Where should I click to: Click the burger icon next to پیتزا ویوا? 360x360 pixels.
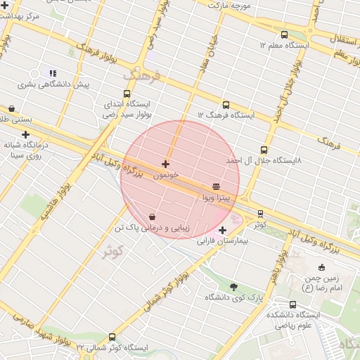pyautogui.click(x=216, y=186)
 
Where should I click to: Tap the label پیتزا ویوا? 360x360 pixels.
pyautogui.click(x=216, y=198)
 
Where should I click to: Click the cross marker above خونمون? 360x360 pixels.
pyautogui.click(x=165, y=164)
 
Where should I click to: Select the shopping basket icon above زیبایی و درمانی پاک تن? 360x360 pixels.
pyautogui.click(x=153, y=217)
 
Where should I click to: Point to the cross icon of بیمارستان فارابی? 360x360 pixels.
pyautogui.click(x=222, y=230)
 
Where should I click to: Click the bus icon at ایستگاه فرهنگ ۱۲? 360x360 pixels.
pyautogui.click(x=225, y=105)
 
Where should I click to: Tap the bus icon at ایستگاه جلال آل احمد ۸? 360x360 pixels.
pyautogui.click(x=264, y=150)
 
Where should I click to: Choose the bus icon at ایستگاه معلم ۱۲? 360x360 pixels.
pyautogui.click(x=284, y=34)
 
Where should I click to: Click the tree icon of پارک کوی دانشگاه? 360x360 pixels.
pyautogui.click(x=233, y=286)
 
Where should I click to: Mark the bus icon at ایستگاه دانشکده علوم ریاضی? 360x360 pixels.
pyautogui.click(x=292, y=304)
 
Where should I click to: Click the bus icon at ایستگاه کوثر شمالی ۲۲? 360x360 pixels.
pyautogui.click(x=112, y=337)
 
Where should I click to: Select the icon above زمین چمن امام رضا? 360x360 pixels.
pyautogui.click(x=322, y=267)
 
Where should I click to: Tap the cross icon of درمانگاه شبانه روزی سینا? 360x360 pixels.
pyautogui.click(x=26, y=134)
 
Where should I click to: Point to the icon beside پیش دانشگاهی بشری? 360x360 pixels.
pyautogui.click(x=52, y=72)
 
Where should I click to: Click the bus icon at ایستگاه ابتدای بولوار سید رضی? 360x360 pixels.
pyautogui.click(x=127, y=93)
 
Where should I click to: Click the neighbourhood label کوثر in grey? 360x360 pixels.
pyautogui.click(x=112, y=251)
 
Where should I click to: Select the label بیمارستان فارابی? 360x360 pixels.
pyautogui.click(x=223, y=241)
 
